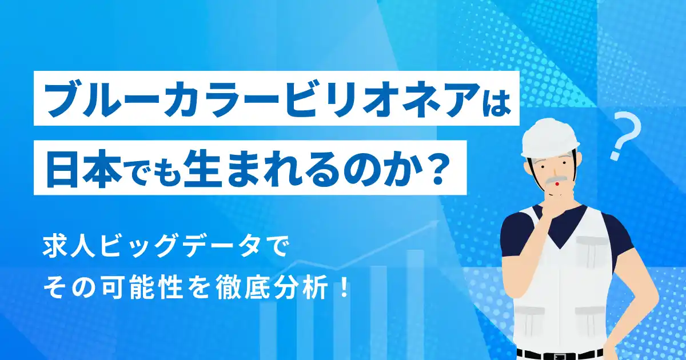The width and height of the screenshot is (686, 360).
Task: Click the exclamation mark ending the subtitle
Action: [344, 289]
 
